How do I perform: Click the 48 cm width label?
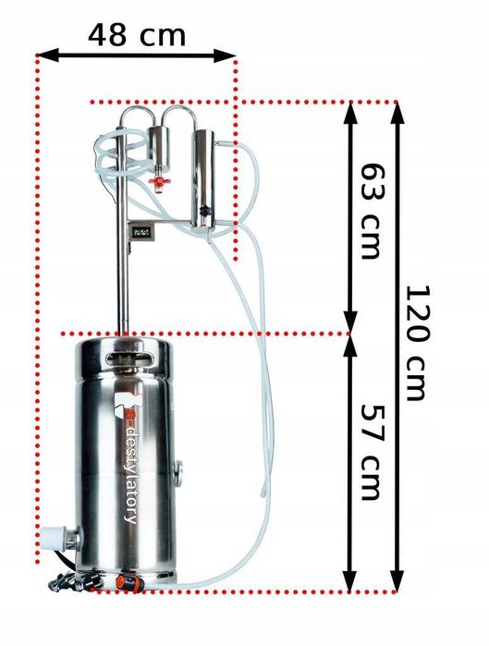click(x=137, y=34)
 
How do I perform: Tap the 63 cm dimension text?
click(x=371, y=211)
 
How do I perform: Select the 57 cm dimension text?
click(x=371, y=453)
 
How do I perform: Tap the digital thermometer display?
click(x=142, y=232)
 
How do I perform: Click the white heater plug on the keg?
click(x=53, y=538)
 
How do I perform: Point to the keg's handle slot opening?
click(x=128, y=359)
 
